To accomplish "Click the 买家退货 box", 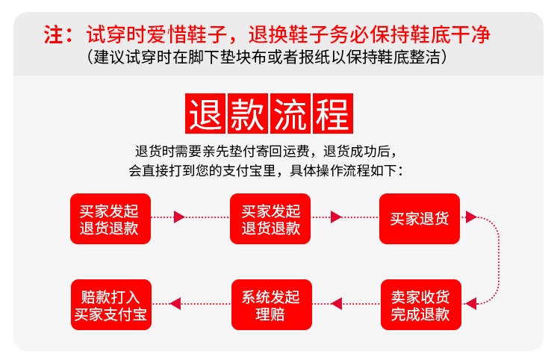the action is (x=419, y=218).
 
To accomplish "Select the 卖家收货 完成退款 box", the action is (x=420, y=305).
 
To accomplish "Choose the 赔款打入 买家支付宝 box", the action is (x=111, y=305).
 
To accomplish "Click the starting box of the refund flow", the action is (x=111, y=218).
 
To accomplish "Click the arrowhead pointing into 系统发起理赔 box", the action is (x=336, y=303).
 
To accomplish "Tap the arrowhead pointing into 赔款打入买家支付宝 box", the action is (x=175, y=303).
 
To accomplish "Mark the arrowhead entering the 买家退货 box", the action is (x=336, y=217).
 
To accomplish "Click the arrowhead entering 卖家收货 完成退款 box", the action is (x=470, y=303).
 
